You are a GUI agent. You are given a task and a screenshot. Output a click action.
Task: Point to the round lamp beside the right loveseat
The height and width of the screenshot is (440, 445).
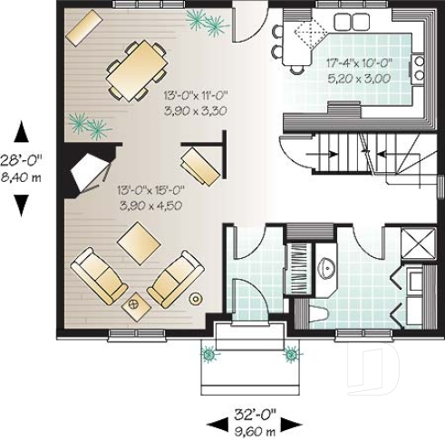click(x=195, y=298)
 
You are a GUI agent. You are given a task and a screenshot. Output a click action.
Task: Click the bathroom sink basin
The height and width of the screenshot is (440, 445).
click(x=327, y=266)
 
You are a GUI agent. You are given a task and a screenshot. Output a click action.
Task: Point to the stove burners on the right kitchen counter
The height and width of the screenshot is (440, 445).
click(x=419, y=66)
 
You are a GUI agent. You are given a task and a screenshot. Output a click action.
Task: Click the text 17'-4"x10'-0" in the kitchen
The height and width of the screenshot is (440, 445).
click(x=357, y=63)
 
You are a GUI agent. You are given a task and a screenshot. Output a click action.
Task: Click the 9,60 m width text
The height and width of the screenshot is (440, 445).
click(x=253, y=432)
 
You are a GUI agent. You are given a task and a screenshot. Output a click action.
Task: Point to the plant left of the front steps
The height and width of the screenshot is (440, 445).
click(x=210, y=355)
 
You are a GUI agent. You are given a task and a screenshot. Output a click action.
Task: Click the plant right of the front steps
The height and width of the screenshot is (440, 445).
click(x=290, y=355)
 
